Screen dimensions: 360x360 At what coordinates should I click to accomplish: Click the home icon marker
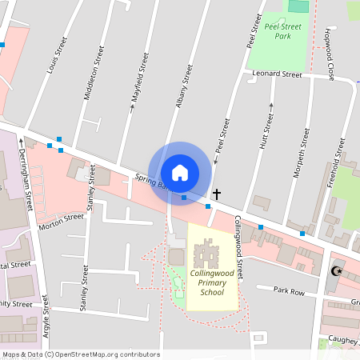180,172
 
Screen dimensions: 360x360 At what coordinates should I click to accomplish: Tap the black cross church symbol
216,194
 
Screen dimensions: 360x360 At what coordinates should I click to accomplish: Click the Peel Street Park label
282,31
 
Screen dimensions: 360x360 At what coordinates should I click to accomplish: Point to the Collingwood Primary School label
212,282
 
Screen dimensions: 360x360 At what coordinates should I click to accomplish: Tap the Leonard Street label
276,74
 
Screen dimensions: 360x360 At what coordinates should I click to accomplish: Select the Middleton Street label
94,72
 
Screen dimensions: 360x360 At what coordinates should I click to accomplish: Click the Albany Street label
184,86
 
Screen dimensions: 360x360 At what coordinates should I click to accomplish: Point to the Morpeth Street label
303,144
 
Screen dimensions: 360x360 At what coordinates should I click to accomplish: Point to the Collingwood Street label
238,234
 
